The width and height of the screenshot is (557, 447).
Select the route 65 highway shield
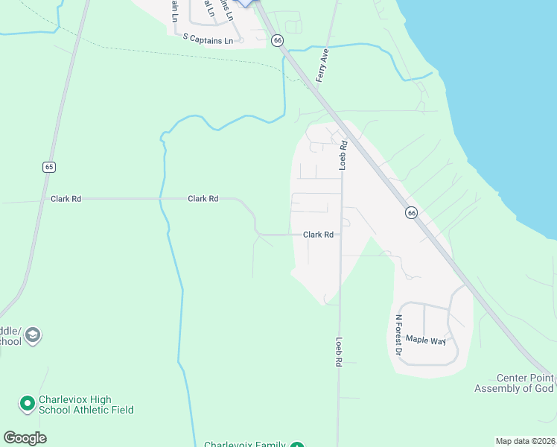(49, 167)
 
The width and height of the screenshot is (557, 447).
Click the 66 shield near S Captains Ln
(277, 40)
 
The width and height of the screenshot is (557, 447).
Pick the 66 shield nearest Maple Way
(411, 213)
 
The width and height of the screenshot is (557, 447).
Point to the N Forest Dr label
(398, 335)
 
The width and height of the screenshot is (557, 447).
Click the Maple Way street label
(426, 341)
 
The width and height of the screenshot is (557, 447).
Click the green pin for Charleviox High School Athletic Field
(27, 404)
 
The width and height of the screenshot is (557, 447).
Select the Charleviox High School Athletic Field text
(85, 405)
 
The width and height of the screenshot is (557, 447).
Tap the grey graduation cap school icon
(32, 336)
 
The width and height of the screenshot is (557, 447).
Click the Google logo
(25, 438)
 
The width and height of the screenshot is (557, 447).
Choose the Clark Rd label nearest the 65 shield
(66, 199)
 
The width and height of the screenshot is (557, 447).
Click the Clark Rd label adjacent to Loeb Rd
(318, 235)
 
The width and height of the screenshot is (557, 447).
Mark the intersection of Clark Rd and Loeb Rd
(341, 235)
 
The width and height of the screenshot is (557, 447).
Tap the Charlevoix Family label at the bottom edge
(245, 444)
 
